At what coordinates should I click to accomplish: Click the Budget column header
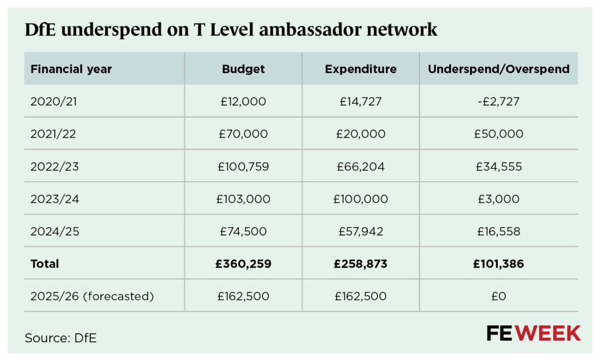(x=243, y=69)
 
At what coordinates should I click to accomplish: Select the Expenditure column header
(x=361, y=69)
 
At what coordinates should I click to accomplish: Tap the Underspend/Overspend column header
(x=499, y=69)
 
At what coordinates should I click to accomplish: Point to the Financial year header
(x=71, y=69)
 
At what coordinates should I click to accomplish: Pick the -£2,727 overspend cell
(x=498, y=101)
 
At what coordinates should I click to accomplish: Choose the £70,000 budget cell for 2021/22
(x=243, y=134)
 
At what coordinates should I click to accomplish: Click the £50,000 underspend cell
(x=499, y=134)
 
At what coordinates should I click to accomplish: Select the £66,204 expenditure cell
(x=361, y=167)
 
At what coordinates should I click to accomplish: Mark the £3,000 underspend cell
(x=499, y=199)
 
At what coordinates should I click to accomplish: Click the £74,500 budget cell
(x=243, y=232)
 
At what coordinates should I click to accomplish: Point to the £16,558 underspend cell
(x=499, y=232)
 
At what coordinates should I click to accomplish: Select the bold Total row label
(x=45, y=264)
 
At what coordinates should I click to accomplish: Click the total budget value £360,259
(x=243, y=264)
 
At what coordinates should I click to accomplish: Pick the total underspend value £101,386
(x=499, y=264)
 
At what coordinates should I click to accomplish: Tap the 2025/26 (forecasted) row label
(x=92, y=296)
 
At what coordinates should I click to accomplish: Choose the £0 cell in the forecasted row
(x=499, y=296)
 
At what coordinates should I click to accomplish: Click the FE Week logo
(x=533, y=333)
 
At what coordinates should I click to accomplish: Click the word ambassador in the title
(x=321, y=30)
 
